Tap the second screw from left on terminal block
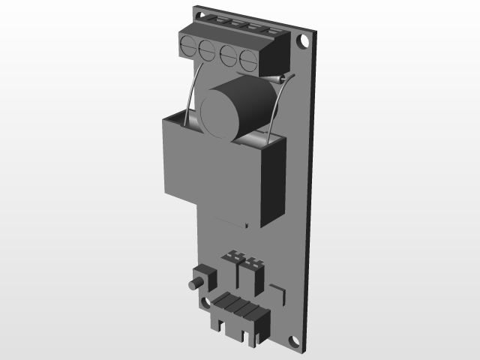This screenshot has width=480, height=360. point(208,50)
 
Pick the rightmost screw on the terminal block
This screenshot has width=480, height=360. point(248,58)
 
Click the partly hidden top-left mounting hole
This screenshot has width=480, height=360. point(199,14)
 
